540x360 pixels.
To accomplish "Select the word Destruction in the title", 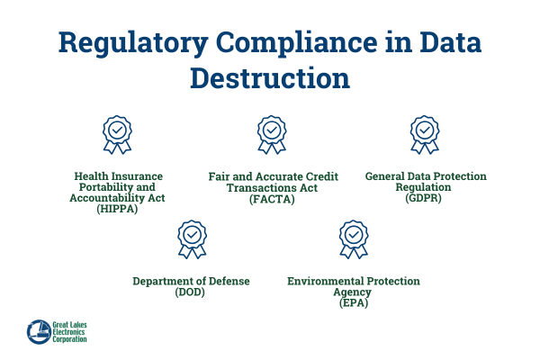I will click(x=271, y=79).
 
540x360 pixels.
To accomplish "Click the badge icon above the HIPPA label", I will click(x=117, y=134).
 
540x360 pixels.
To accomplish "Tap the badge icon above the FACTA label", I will click(x=271, y=134).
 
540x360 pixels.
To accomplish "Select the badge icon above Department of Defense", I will click(x=192, y=239).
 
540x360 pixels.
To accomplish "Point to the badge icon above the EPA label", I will click(x=354, y=239).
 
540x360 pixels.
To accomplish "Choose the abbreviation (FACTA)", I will click(x=271, y=199).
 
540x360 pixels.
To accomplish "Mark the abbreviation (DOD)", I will click(x=192, y=292).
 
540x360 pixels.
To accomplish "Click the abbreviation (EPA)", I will click(x=354, y=303).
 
